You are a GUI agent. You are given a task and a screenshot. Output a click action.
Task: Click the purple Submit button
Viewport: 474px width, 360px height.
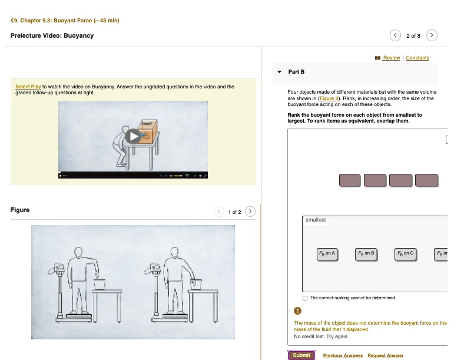[x=301, y=355]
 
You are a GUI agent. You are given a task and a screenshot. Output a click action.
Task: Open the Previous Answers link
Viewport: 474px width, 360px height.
[x=343, y=355]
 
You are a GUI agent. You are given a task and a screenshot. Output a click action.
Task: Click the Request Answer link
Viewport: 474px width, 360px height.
[x=385, y=355]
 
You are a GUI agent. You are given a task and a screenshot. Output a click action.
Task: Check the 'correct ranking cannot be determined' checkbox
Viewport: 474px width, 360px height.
[x=305, y=298]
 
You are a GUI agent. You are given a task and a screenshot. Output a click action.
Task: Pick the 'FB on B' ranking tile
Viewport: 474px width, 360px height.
[x=366, y=253]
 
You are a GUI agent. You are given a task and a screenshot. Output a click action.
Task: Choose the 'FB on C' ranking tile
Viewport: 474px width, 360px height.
[x=406, y=253]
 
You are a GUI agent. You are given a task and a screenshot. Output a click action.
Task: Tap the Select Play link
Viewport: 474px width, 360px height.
[x=28, y=87]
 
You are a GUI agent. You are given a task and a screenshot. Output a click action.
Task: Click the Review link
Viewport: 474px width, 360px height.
[x=391, y=58]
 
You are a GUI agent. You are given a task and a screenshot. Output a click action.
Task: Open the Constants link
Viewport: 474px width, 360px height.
[x=417, y=58]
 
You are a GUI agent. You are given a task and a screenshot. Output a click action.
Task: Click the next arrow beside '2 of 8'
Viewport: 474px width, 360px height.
[x=432, y=35]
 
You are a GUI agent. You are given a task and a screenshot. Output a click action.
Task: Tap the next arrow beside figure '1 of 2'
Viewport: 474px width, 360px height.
[x=250, y=212]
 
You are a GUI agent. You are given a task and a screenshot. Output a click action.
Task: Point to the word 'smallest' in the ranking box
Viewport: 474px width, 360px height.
[x=316, y=220]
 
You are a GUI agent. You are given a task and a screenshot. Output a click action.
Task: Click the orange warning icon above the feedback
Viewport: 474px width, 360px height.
[x=298, y=312]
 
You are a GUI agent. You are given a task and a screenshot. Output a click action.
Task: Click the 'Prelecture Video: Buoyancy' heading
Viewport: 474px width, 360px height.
[x=52, y=35]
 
